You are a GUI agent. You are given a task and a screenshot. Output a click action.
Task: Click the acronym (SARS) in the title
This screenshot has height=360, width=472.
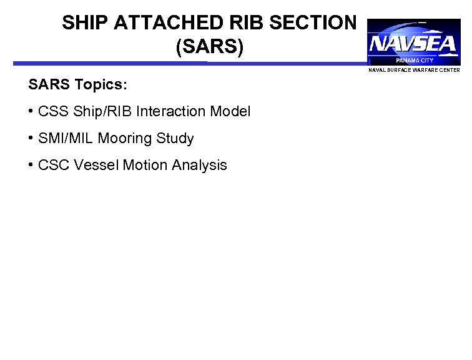click(x=209, y=47)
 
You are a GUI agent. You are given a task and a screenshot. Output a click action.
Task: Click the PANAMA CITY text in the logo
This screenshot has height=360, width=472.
click(x=414, y=61)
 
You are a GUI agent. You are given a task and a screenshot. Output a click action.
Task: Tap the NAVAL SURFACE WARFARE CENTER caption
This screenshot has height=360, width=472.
click(x=414, y=70)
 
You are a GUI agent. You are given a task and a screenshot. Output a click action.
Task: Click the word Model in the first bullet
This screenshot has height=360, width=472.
click(x=232, y=112)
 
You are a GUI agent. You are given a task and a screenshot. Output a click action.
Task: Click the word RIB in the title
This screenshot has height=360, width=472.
click(x=255, y=24)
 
